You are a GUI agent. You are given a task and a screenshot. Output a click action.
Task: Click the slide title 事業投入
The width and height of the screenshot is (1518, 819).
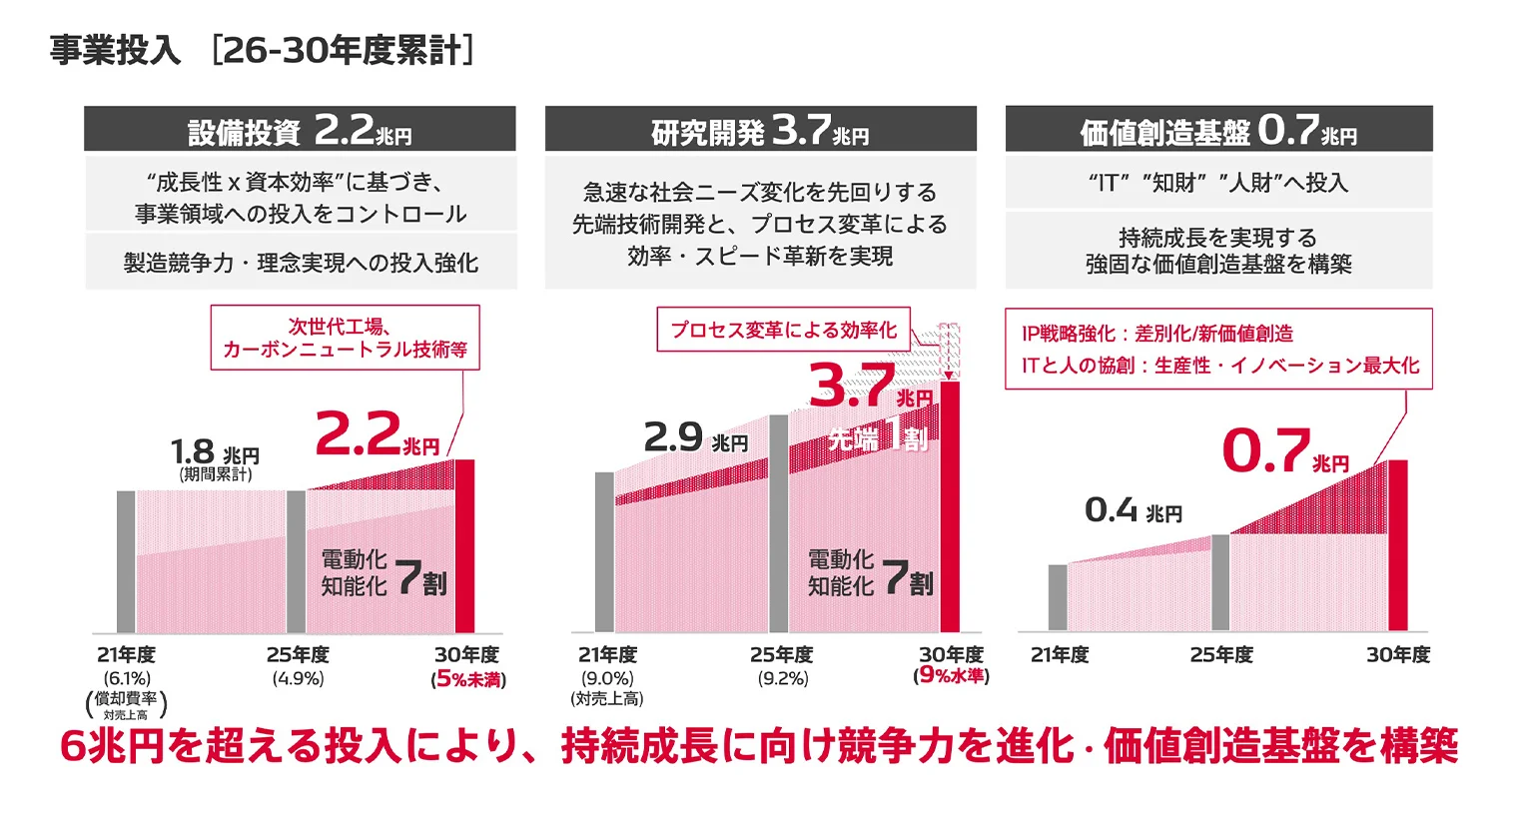tap(115, 50)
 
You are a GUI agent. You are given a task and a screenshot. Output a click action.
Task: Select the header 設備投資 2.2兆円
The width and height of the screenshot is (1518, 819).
tap(300, 130)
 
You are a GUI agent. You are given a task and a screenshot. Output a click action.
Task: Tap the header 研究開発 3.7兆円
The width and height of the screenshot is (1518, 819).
tap(760, 130)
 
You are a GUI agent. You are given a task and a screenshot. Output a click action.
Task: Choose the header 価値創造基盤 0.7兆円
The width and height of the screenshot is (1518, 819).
tap(1218, 130)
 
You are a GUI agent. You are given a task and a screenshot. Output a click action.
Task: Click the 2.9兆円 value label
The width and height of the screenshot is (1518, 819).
tap(695, 438)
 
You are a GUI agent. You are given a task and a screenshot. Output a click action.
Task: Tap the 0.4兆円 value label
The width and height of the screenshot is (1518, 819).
tap(1133, 511)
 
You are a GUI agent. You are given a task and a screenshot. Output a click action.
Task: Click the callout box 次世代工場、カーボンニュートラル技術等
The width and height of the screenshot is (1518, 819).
tap(345, 338)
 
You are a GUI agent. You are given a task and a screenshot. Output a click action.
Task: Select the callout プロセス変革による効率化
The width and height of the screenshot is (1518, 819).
tap(783, 330)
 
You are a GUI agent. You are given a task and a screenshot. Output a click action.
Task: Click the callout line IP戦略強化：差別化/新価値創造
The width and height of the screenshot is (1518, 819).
tap(1156, 334)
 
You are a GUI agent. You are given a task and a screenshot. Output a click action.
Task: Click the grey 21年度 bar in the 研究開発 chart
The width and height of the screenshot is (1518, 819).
tap(604, 551)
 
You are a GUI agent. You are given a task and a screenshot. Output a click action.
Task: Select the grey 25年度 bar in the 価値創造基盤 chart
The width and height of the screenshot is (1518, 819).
tap(1220, 582)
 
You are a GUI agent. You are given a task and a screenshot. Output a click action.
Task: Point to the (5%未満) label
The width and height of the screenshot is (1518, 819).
tap(468, 680)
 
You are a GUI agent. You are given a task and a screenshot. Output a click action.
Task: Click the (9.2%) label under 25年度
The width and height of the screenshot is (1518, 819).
tap(782, 679)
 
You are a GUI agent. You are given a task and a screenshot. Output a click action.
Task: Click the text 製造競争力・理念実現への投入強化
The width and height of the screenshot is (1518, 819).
tap(301, 263)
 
